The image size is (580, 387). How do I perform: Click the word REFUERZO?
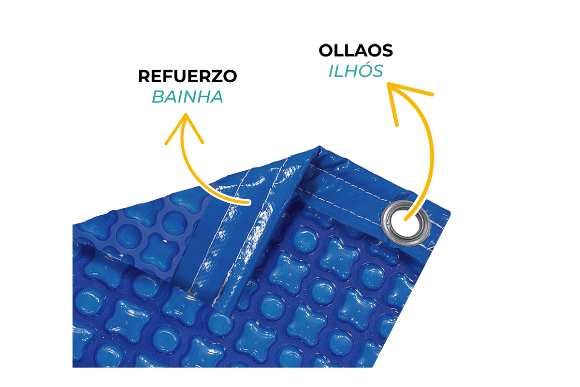pyautogui.click(x=188, y=77)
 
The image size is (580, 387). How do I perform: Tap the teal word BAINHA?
pyautogui.click(x=188, y=97)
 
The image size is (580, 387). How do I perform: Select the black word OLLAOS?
pyautogui.click(x=356, y=51)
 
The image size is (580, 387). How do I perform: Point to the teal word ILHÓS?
pyautogui.click(x=356, y=71)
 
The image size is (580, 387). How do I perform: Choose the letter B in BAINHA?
pyautogui.click(x=159, y=97)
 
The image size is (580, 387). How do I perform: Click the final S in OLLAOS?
pyautogui.click(x=386, y=51)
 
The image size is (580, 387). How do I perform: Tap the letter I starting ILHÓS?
pyautogui.click(x=333, y=71)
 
